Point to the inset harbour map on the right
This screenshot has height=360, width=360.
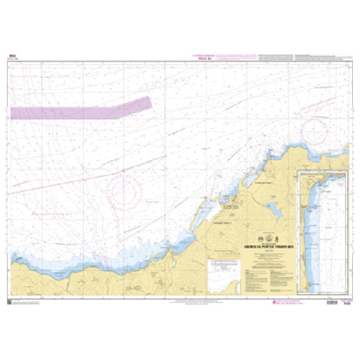[320, 231]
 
